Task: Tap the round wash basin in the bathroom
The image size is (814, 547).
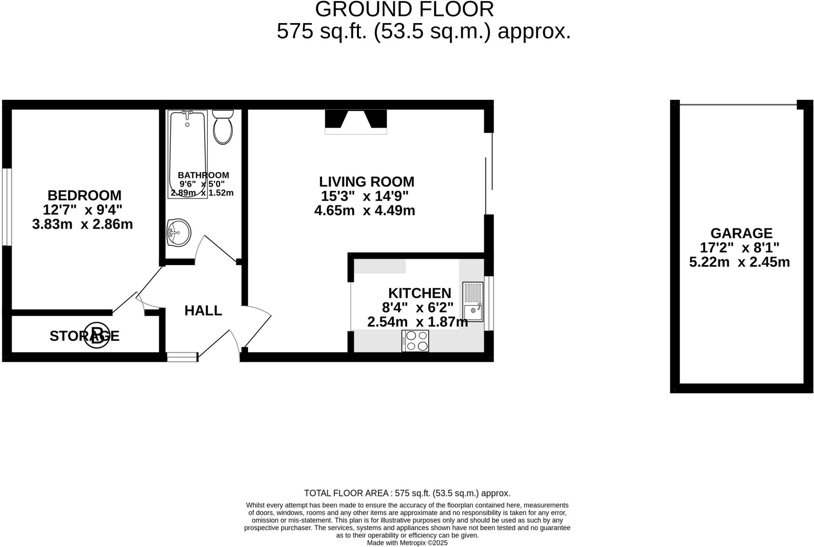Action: [x=179, y=232]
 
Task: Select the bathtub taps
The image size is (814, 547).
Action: [x=187, y=114]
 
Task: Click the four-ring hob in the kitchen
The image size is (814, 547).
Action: [x=415, y=341]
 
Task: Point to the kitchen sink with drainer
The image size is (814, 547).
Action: [x=473, y=302]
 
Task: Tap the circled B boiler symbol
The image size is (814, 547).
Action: [x=97, y=335]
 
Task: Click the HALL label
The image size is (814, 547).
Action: [x=203, y=310]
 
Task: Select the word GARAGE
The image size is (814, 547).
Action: [x=741, y=233]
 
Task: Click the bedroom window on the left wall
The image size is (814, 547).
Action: [x=7, y=207]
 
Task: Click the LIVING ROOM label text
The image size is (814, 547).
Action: [x=366, y=182]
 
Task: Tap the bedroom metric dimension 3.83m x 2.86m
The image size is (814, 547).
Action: [x=82, y=224]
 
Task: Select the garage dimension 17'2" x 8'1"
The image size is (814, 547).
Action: [x=739, y=248]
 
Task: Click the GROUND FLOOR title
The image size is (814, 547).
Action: [x=404, y=9]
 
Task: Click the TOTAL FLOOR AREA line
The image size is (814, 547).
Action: [x=407, y=493]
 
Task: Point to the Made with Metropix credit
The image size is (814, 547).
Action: [x=407, y=543]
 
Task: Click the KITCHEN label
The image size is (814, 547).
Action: [x=420, y=293]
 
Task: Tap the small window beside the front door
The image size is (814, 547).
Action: [x=182, y=357]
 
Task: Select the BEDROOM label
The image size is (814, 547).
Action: [x=84, y=196]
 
